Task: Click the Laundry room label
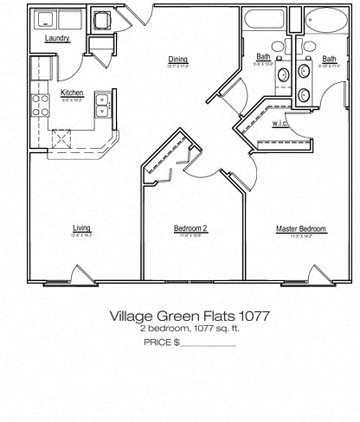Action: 56,38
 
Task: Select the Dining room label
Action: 178,60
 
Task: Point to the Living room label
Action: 82,228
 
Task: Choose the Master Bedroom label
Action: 300,228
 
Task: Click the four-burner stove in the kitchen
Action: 41,105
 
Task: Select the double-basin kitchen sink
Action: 102,105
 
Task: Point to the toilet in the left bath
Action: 278,47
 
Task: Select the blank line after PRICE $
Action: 208,343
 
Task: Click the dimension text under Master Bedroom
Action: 300,235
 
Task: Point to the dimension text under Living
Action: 82,235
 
